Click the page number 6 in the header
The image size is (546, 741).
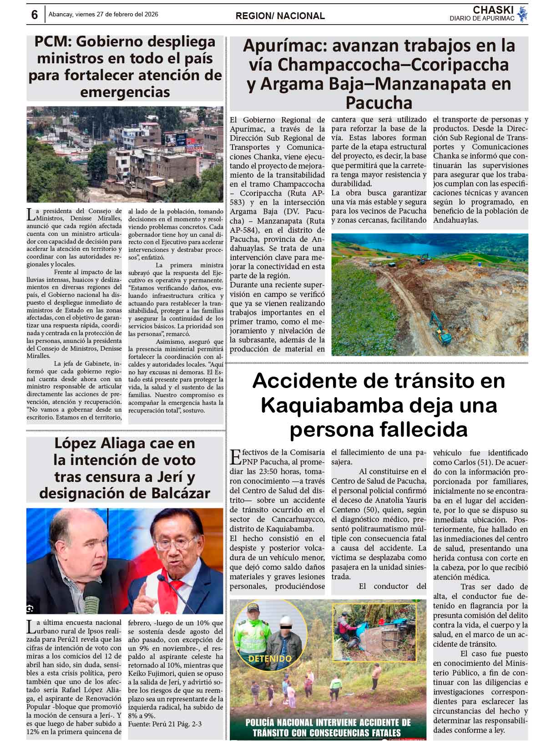[x=34, y=15]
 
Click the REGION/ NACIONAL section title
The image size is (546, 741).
[x=280, y=16]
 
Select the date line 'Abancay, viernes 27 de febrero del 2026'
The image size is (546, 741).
[x=103, y=15]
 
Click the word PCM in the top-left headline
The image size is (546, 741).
[x=52, y=42]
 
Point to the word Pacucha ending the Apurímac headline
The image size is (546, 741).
[x=379, y=102]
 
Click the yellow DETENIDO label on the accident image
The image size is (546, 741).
[x=270, y=659]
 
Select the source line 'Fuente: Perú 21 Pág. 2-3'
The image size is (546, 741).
[x=165, y=724]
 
